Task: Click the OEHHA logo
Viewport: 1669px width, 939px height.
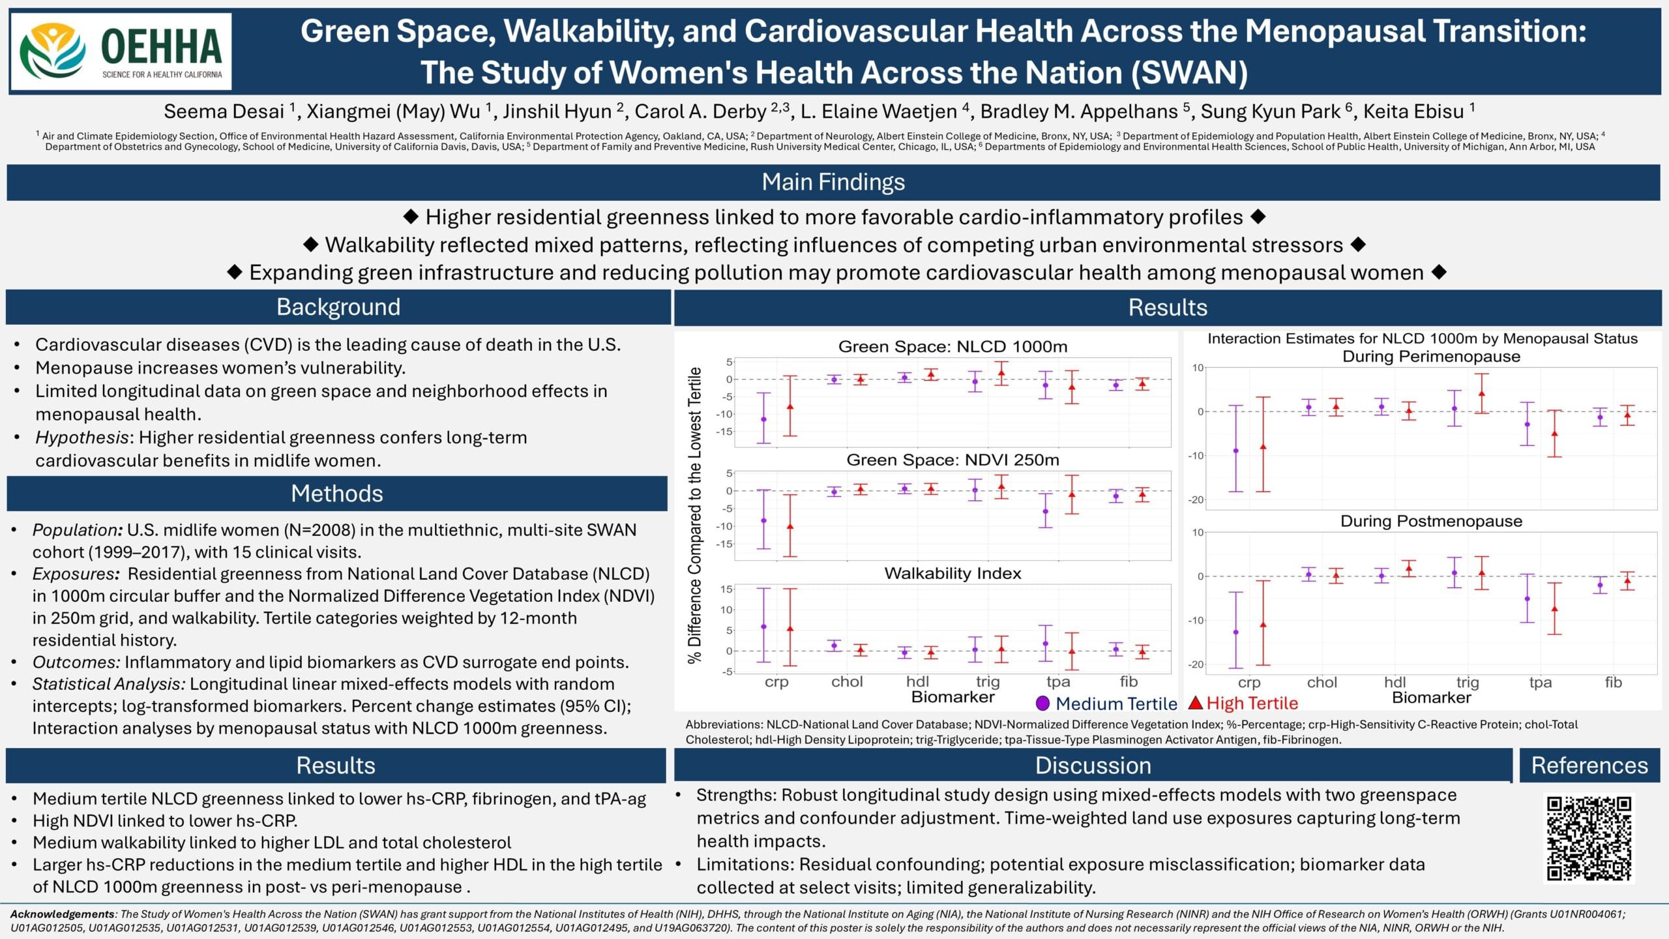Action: [121, 52]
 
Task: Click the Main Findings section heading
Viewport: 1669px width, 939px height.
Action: [833, 182]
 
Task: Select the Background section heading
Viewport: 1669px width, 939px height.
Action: [338, 307]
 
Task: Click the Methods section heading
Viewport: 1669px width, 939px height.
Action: [336, 494]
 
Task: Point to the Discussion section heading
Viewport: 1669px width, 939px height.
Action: [1093, 766]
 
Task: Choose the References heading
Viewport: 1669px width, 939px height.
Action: [1589, 766]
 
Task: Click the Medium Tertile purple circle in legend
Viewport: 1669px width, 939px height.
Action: [1042, 703]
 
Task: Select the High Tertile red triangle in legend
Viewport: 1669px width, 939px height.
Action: [1195, 703]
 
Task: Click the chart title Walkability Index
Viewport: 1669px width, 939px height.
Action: [953, 573]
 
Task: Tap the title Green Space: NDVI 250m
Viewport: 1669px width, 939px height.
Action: [953, 460]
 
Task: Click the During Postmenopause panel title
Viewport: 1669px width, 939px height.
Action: [1431, 521]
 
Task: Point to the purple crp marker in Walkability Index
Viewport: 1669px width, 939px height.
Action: [763, 627]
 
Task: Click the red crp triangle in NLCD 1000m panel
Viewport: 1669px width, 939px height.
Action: [790, 406]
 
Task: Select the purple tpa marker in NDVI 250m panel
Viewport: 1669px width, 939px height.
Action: [1045, 511]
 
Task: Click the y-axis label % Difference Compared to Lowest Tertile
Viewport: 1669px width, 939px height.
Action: [695, 515]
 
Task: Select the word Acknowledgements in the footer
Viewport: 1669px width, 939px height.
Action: [62, 914]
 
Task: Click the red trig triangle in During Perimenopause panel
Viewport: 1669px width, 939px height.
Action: [1481, 393]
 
